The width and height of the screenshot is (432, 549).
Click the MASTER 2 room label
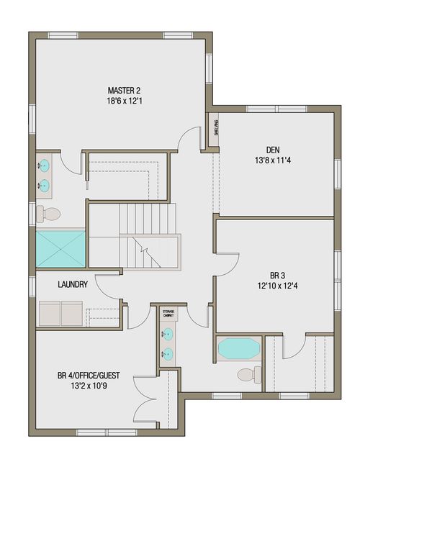(124, 90)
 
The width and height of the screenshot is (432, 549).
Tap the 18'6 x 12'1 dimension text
(124, 101)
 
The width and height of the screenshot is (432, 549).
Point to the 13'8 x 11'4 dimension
(272, 160)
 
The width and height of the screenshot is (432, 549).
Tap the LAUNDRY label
(73, 284)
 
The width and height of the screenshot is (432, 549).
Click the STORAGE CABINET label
(168, 313)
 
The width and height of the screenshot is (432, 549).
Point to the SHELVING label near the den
(215, 128)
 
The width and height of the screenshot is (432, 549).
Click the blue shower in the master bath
(60, 248)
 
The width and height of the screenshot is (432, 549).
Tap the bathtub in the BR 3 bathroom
(238, 349)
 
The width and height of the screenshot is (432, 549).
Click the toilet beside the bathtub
(248, 375)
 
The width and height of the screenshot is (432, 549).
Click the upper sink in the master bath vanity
(45, 165)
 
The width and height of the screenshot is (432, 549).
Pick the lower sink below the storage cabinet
(168, 353)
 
